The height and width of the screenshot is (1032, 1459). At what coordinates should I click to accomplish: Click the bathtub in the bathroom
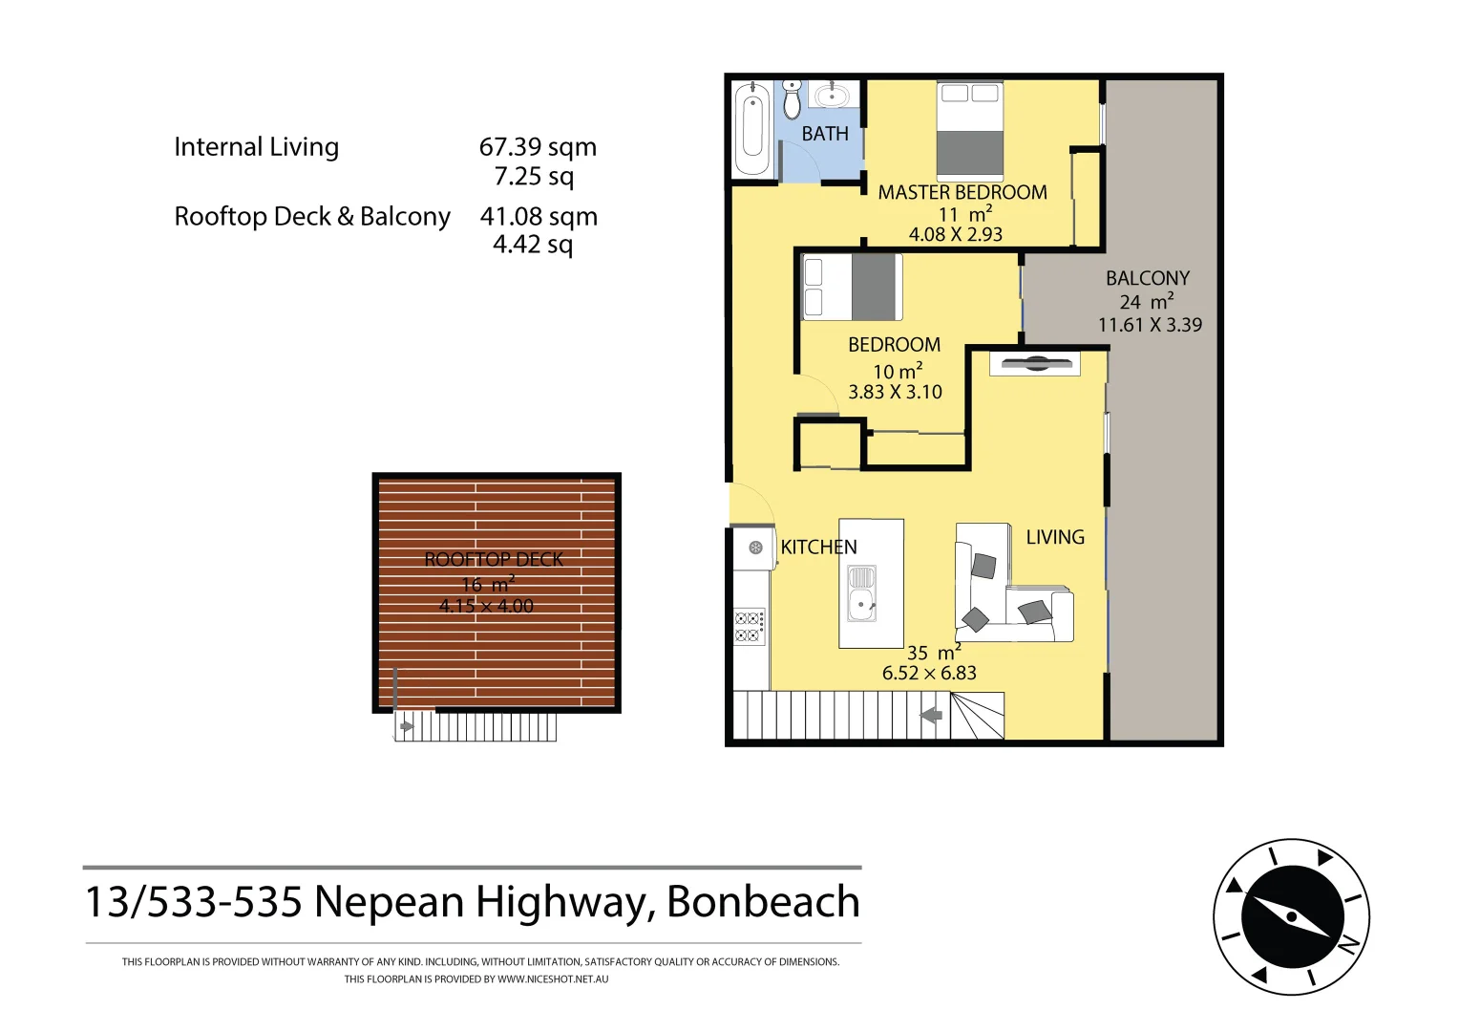[x=752, y=129]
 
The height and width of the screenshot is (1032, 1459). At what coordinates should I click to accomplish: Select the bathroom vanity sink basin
[x=833, y=96]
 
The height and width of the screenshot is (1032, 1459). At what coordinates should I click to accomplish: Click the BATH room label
[x=825, y=134]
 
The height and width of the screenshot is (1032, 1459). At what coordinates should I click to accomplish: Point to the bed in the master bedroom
[x=969, y=131]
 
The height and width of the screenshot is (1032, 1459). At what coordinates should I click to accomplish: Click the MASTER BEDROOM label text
[x=962, y=192]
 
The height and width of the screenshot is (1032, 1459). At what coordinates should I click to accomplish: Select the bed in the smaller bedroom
[x=852, y=287]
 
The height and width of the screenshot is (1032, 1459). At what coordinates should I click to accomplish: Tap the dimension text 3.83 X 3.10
[x=895, y=392]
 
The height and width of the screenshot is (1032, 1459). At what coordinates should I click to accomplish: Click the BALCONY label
[x=1148, y=278]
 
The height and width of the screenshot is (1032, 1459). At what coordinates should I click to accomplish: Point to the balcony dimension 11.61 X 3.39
[x=1150, y=325]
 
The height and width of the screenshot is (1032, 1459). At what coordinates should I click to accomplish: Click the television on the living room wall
[x=1034, y=363]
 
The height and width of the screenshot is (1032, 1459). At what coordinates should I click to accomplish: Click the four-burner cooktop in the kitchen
[x=749, y=627]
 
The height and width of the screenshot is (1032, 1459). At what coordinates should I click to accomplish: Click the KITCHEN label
[x=818, y=548]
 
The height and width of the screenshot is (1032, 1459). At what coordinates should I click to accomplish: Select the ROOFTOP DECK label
[x=494, y=560]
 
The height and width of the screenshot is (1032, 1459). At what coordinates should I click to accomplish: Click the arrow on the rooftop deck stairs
[x=407, y=726]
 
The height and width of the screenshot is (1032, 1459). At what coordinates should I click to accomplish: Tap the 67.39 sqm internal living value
[x=538, y=147]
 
